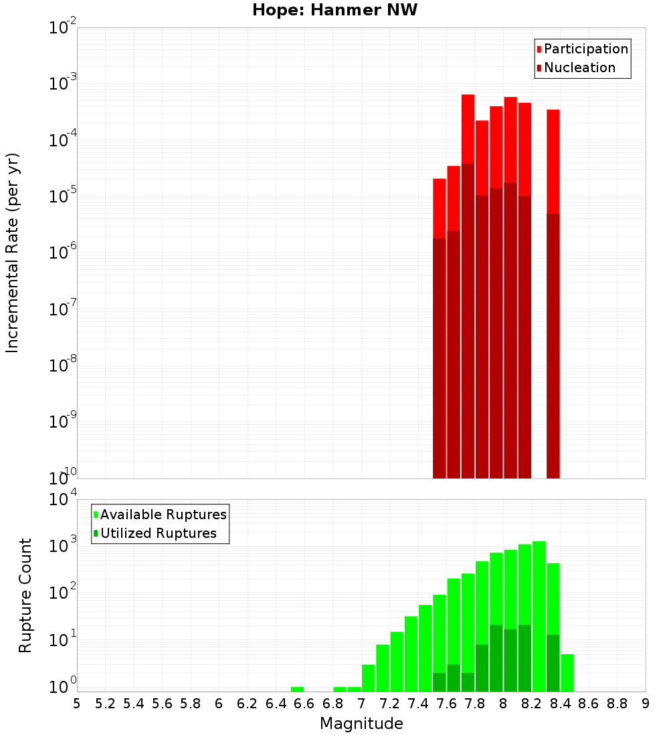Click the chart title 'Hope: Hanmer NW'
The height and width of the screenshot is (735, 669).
[x=334, y=11]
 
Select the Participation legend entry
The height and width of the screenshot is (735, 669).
[x=582, y=49]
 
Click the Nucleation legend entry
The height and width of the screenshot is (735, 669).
[x=575, y=67]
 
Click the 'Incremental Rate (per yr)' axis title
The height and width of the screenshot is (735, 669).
[x=13, y=253]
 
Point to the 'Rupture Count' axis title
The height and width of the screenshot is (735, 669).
[x=25, y=595]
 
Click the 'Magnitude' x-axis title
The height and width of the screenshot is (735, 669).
[x=361, y=723]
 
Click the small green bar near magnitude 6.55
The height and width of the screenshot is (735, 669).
[x=297, y=689]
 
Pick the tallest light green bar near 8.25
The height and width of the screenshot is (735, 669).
[x=539, y=615]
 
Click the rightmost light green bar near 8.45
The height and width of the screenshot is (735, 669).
[x=567, y=673]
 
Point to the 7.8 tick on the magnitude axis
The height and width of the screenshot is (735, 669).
[x=475, y=703]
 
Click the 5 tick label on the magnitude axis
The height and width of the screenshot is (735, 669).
[x=77, y=703]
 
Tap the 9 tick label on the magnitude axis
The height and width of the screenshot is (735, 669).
[x=646, y=703]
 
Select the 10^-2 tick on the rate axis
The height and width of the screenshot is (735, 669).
[x=63, y=28]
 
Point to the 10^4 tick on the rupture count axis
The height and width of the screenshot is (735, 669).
[x=63, y=500]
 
